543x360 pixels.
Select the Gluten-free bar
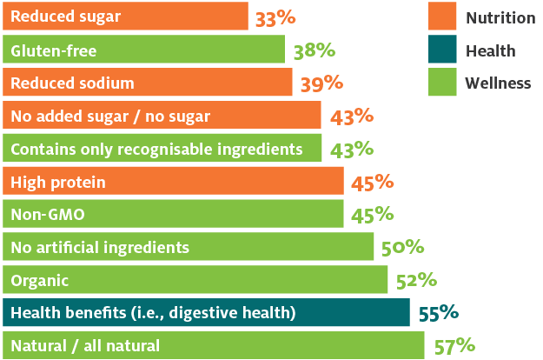[143, 50]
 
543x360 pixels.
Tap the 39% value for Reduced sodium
[322, 83]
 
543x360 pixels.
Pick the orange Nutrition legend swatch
[443, 17]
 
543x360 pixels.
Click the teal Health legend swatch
[443, 50]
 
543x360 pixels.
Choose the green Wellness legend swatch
[443, 83]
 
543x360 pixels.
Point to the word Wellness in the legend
[498, 83]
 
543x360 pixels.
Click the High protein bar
[174, 182]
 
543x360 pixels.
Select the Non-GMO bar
[174, 215]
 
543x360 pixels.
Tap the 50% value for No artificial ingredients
[402, 248]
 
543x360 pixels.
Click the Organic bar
[195, 280]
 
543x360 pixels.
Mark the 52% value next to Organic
[415, 280]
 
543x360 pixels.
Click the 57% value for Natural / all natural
[454, 346]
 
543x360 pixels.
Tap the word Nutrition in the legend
[500, 18]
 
